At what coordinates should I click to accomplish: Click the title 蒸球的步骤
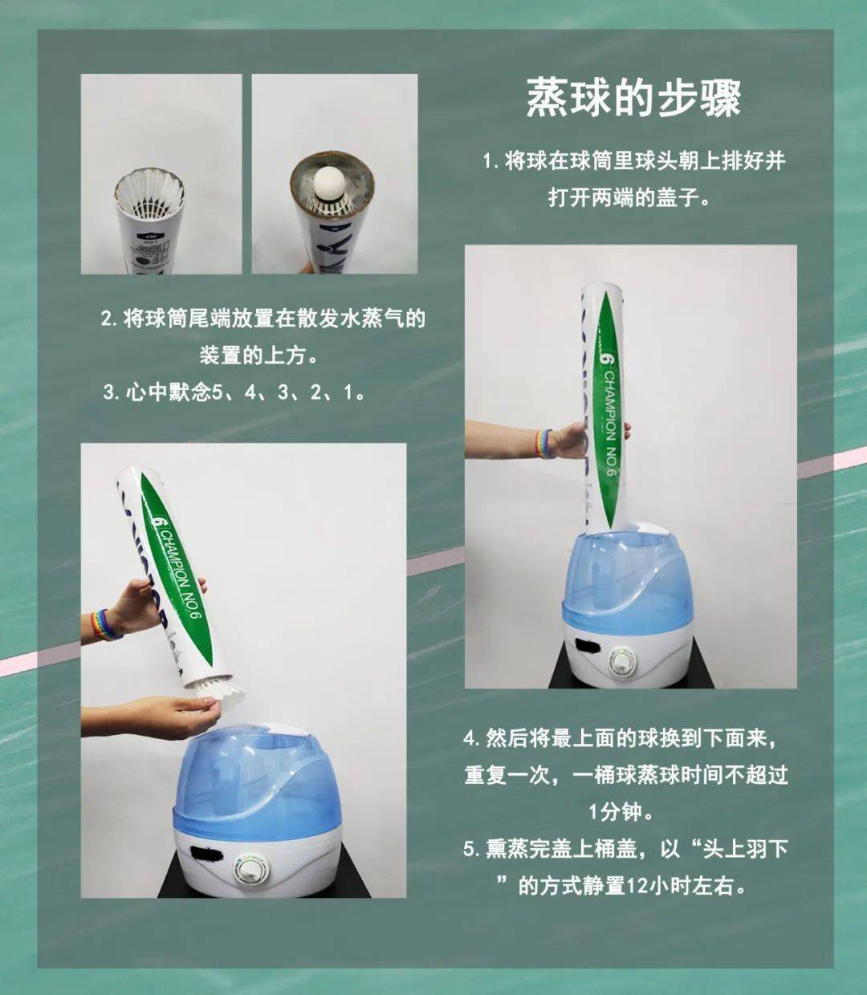click(x=633, y=98)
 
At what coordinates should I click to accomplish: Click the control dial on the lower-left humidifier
click(x=246, y=870)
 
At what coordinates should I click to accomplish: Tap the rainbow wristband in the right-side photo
click(x=546, y=443)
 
